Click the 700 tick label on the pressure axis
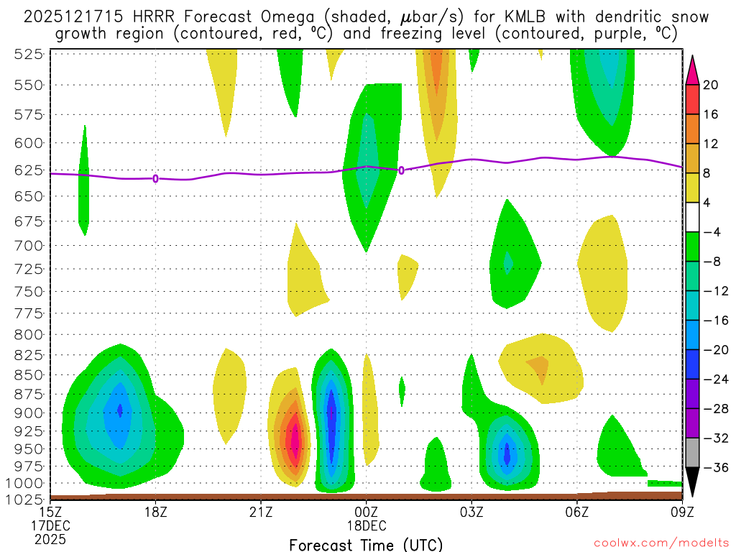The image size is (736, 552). [29, 246]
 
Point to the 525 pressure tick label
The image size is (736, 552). [29, 54]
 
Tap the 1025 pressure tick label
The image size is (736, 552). [25, 498]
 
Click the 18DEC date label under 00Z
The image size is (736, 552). [367, 525]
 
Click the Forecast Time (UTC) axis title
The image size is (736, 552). [366, 544]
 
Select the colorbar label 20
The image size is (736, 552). [712, 85]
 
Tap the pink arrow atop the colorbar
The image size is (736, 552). [693, 69]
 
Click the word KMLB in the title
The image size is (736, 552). [517, 17]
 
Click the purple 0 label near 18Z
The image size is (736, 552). [155, 178]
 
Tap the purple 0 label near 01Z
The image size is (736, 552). [401, 170]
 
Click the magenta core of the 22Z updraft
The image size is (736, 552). [293, 440]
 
